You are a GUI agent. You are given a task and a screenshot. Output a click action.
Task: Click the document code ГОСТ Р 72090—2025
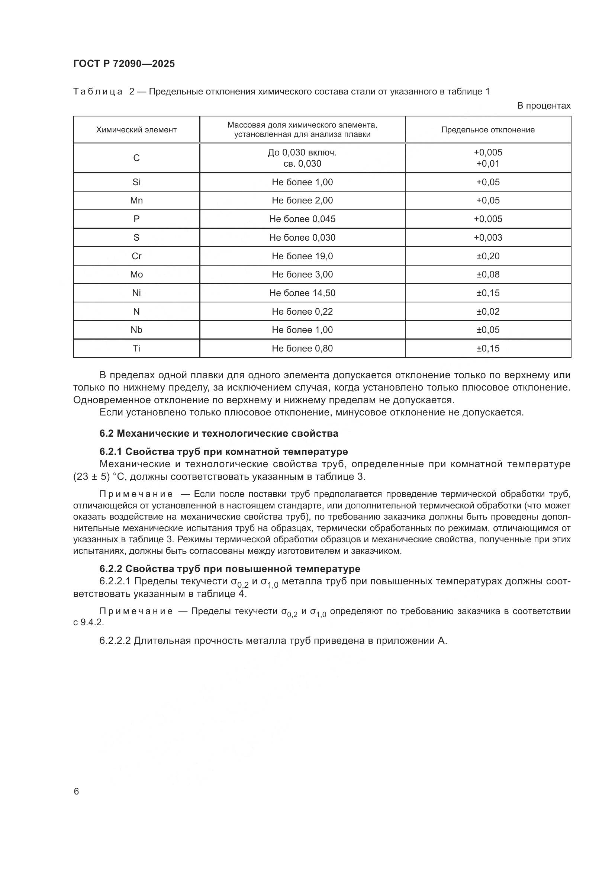click(x=124, y=64)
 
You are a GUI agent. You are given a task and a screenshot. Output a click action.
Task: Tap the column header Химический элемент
click(x=136, y=130)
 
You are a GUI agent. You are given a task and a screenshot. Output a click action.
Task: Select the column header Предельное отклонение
click(x=488, y=130)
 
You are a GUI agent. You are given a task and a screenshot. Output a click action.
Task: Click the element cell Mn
click(x=136, y=200)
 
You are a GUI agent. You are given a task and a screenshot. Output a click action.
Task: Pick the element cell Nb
click(x=136, y=330)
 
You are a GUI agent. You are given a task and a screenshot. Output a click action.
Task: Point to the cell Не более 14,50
click(x=302, y=293)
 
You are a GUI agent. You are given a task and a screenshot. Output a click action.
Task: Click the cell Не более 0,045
click(x=302, y=219)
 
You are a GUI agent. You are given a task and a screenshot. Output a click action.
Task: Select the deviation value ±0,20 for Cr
click(x=488, y=256)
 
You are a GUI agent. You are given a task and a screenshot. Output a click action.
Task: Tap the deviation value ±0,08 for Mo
click(x=488, y=275)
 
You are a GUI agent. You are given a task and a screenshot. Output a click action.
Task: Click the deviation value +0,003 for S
click(x=488, y=238)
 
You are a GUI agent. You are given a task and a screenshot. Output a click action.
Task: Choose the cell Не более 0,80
click(x=302, y=348)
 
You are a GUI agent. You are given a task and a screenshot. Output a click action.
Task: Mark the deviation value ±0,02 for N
click(x=488, y=311)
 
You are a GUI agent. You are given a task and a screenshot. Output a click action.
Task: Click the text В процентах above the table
click(x=544, y=106)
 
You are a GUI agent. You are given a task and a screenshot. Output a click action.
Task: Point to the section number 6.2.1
click(x=110, y=452)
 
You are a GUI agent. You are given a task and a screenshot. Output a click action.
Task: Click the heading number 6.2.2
click(x=110, y=569)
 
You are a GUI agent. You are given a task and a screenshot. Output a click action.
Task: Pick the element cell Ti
click(x=136, y=348)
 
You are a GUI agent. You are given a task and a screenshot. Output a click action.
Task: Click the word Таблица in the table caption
click(x=98, y=92)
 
